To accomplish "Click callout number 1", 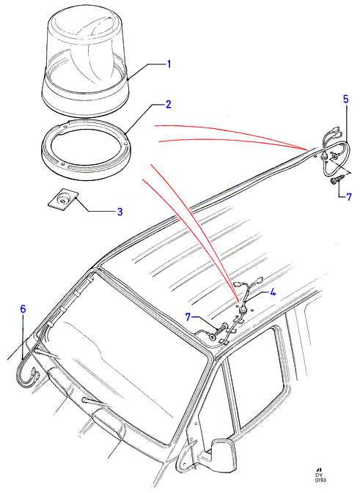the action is coord(169,64).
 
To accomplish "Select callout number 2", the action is coord(169,104).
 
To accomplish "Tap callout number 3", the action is coord(120,212).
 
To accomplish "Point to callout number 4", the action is coord(273,292).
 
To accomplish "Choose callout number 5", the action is coord(345,100).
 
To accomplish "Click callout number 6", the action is coord(23,309).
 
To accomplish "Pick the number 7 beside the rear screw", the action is coord(349,197).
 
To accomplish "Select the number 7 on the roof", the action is coord(188,317).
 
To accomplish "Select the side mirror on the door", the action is coord(222,453).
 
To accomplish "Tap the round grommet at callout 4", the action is coord(243,311).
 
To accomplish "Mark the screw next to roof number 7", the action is coord(221,329).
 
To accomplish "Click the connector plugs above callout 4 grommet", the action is coord(249,281).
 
